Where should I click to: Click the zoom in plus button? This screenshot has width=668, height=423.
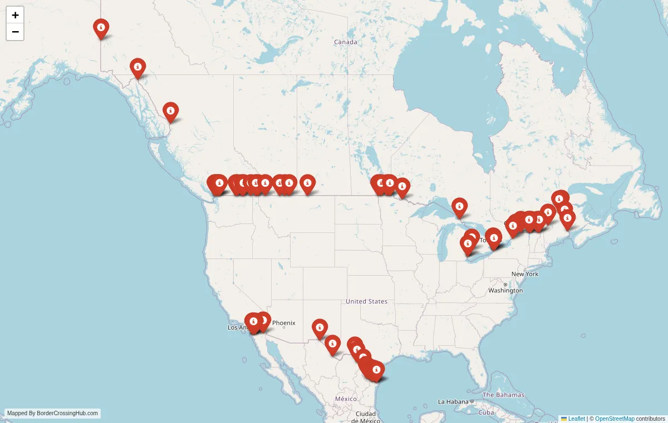(x=15, y=15)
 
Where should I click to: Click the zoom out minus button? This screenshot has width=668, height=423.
(x=15, y=32)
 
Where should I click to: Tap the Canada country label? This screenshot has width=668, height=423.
(x=345, y=42)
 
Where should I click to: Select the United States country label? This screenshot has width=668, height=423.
(x=366, y=301)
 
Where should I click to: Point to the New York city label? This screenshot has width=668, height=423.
(x=525, y=274)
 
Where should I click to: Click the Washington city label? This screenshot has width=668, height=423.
(x=505, y=290)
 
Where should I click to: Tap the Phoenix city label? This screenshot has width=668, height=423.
(x=283, y=323)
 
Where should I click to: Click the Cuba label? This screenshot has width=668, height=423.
(x=487, y=412)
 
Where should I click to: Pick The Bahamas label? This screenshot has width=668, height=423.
(x=503, y=395)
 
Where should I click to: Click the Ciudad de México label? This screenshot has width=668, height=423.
(x=366, y=417)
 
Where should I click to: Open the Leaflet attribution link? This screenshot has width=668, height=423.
(x=576, y=419)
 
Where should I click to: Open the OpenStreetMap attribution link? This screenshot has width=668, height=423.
(x=615, y=419)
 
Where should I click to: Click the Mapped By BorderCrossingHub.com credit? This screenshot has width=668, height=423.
(x=53, y=414)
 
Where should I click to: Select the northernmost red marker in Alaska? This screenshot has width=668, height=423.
(x=101, y=28)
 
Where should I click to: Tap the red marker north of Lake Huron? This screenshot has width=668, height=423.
(x=459, y=207)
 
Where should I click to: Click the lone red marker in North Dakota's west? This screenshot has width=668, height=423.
(x=307, y=183)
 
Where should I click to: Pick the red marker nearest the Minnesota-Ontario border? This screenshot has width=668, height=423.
(x=402, y=187)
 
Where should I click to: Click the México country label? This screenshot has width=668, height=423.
(x=346, y=399)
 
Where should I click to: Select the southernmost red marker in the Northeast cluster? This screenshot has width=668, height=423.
(x=567, y=219)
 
